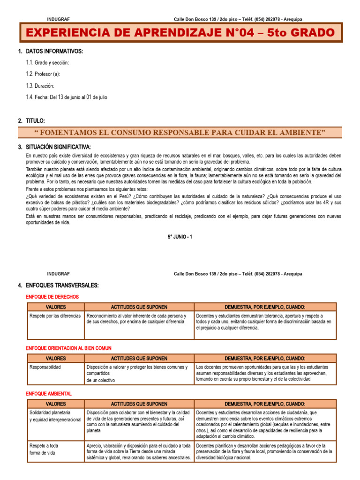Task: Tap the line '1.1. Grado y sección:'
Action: [48, 62]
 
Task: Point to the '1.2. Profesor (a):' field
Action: [43, 74]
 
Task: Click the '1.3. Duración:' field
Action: [40, 86]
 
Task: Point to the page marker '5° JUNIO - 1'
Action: [180, 237]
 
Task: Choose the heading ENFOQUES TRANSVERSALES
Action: [62, 285]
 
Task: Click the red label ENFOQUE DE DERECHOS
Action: [52, 297]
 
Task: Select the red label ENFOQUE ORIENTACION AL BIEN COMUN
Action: [68, 348]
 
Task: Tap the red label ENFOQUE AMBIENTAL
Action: [49, 394]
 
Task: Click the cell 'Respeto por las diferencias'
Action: [55, 316]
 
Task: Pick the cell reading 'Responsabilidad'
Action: [45, 367]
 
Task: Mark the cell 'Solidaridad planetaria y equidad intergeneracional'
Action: [55, 416]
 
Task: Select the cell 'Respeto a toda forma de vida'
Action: [45, 449]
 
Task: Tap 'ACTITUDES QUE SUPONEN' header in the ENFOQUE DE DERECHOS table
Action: [139, 307]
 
